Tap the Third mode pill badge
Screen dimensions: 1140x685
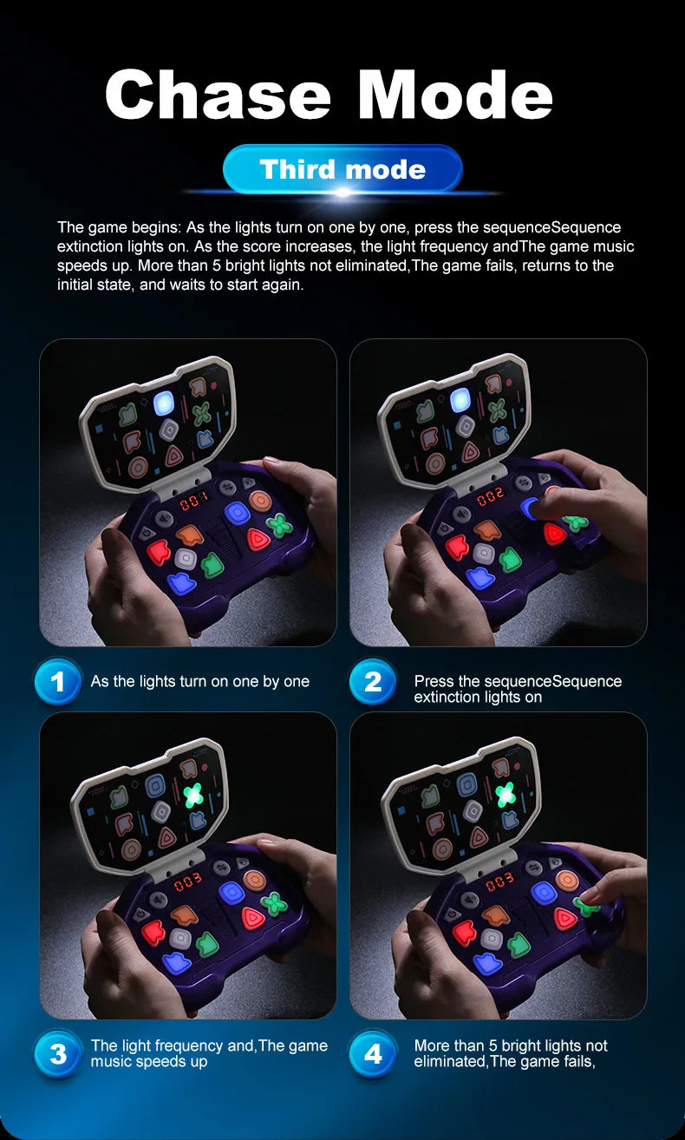click(342, 169)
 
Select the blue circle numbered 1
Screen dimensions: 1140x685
click(57, 682)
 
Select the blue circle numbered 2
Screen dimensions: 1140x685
click(373, 682)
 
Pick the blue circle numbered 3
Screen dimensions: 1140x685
click(57, 1054)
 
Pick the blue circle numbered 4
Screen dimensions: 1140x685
click(373, 1054)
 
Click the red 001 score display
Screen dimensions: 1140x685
click(193, 501)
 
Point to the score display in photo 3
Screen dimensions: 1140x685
click(188, 882)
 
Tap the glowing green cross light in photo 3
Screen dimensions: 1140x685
click(194, 793)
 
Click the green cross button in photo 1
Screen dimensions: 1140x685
click(279, 524)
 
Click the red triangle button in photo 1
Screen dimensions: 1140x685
click(257, 540)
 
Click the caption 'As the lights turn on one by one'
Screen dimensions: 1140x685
click(199, 682)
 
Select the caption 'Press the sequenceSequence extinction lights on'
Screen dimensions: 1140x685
click(518, 689)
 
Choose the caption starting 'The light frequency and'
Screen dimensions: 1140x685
click(209, 1053)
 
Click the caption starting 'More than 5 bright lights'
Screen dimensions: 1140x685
click(511, 1053)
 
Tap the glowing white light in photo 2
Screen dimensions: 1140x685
click(460, 399)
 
